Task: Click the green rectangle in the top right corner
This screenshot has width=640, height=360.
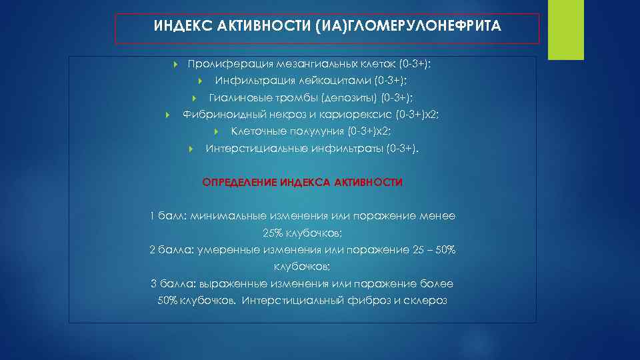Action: click(x=561, y=30)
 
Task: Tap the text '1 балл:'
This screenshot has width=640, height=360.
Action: click(x=169, y=216)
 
